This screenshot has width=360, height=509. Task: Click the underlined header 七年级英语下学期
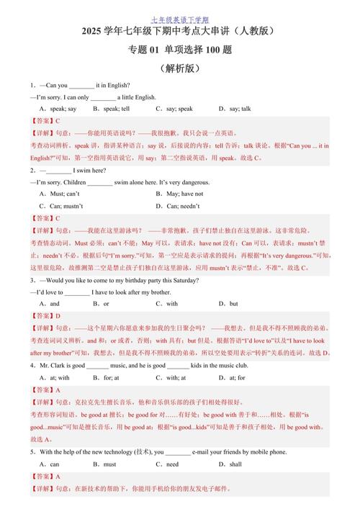click(180, 19)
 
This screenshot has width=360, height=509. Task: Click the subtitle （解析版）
click(180, 69)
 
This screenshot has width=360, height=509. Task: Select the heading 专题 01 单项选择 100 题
click(180, 50)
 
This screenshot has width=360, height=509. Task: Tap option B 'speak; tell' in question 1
click(111, 109)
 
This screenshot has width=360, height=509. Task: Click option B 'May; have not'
click(179, 194)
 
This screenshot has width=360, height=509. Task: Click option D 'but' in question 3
click(229, 304)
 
